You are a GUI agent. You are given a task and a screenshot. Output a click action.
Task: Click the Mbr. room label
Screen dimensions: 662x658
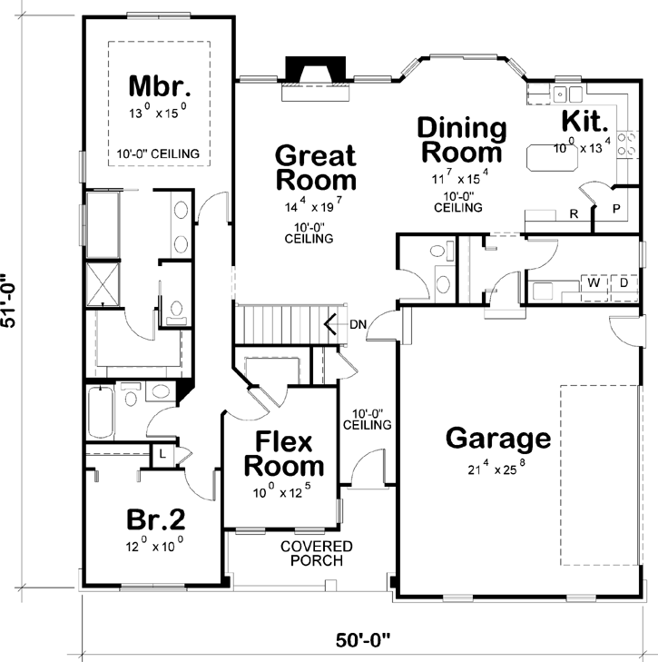click(160, 87)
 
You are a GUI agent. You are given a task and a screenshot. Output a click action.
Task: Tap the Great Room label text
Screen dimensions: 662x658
click(315, 166)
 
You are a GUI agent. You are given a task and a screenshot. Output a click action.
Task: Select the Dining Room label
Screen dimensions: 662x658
click(462, 139)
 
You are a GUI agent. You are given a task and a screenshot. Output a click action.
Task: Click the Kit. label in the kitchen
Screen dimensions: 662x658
click(586, 121)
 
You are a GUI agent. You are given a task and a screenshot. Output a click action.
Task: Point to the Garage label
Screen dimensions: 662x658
click(498, 439)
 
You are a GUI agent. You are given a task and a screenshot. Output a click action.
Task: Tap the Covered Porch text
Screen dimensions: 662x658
click(316, 553)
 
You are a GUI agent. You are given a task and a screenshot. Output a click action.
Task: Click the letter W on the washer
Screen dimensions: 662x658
click(594, 283)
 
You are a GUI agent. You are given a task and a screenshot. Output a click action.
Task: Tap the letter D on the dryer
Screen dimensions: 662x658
click(624, 283)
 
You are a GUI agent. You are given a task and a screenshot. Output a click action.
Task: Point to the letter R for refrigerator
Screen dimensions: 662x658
click(574, 214)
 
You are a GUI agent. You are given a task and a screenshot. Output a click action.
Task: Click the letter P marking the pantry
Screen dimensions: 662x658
click(616, 208)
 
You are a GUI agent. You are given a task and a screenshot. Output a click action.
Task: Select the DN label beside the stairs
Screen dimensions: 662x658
click(358, 323)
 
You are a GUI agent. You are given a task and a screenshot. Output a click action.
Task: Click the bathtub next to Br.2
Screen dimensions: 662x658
click(100, 413)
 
